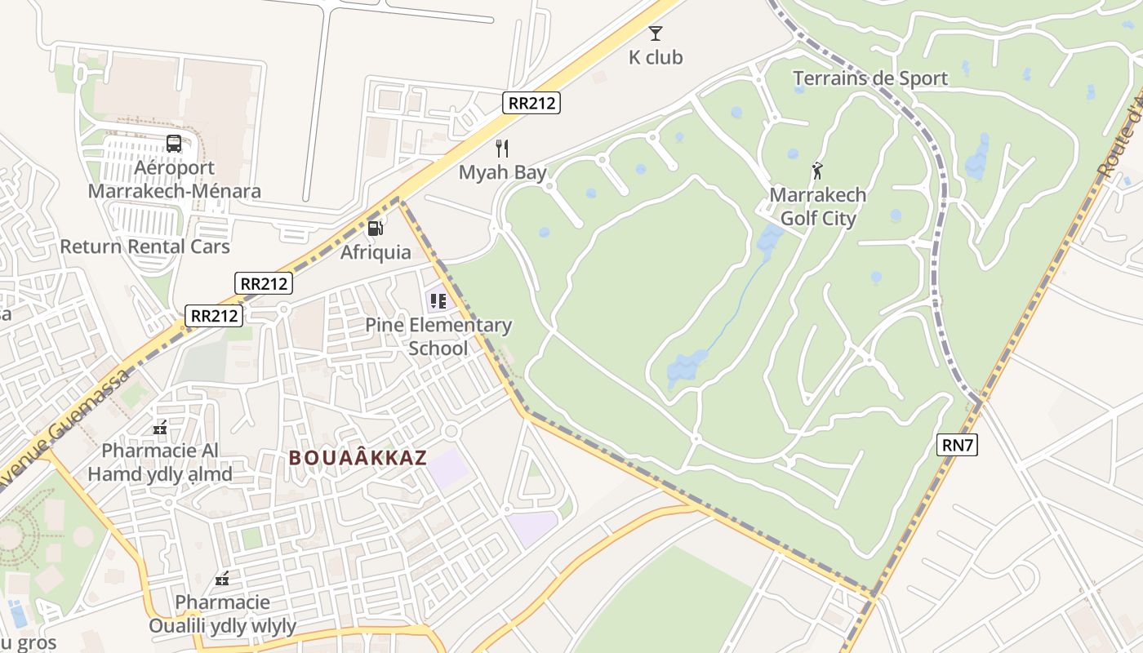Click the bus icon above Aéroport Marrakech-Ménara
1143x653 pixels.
(x=174, y=144)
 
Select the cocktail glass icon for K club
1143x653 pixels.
(x=655, y=33)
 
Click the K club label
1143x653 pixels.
(x=655, y=57)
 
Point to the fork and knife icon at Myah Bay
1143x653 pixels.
(x=502, y=149)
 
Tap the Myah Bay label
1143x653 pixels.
(x=502, y=172)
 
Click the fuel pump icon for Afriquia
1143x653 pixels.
(x=375, y=229)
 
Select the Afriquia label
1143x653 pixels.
(x=376, y=252)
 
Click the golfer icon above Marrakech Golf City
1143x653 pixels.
(x=817, y=171)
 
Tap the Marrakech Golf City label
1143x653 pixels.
(x=818, y=207)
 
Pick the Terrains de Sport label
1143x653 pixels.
(x=870, y=78)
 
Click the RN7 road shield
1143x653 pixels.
(x=958, y=445)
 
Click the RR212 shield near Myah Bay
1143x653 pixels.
(x=531, y=103)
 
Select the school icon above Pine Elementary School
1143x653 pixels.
(x=438, y=301)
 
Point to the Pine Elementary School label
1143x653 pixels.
(x=438, y=336)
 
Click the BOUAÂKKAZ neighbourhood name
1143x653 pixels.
(x=358, y=458)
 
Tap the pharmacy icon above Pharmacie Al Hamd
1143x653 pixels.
(x=160, y=427)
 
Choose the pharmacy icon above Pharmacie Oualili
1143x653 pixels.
(x=222, y=580)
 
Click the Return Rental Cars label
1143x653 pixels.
(x=145, y=247)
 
